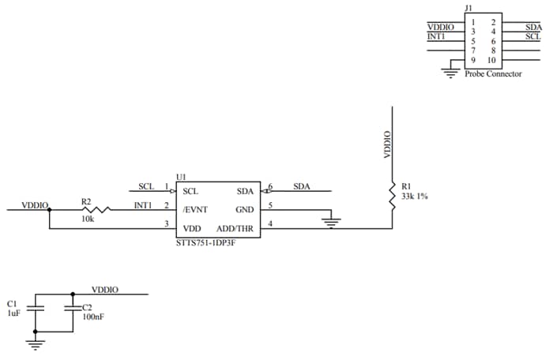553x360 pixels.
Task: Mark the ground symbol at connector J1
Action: click(x=450, y=72)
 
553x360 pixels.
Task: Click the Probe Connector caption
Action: click(x=494, y=74)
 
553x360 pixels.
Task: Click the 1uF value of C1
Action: click(x=13, y=313)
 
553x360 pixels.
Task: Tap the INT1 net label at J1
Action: click(x=436, y=36)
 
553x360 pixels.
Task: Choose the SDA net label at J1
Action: click(x=532, y=27)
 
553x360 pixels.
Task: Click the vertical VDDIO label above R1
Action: click(x=387, y=144)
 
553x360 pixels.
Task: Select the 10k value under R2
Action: click(x=87, y=219)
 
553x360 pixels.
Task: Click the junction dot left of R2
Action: click(x=49, y=209)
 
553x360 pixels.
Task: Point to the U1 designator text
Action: click(x=180, y=178)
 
